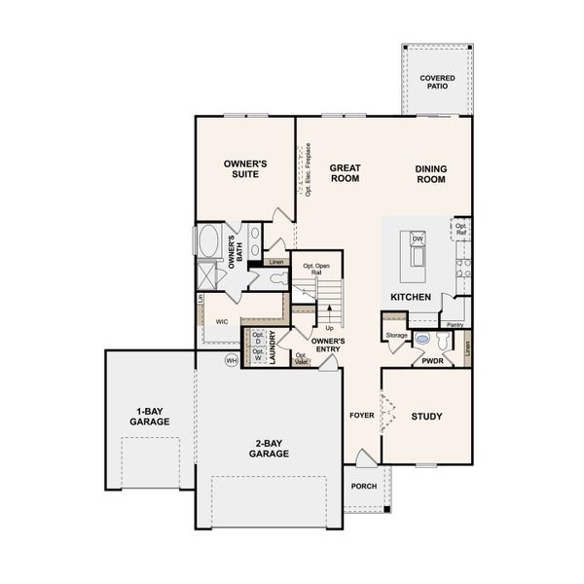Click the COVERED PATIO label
click(x=436, y=83)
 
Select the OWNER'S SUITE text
click(x=245, y=168)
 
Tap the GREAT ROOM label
click(x=345, y=172)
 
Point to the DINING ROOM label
click(x=430, y=173)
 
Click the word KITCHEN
click(x=411, y=296)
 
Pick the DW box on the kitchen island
click(x=418, y=238)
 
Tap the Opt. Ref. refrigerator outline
click(x=460, y=230)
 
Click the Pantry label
click(x=455, y=324)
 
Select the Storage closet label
click(x=396, y=335)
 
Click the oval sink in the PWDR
click(x=421, y=340)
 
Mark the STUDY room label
click(x=426, y=417)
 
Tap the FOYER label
click(x=362, y=416)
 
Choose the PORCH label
click(x=364, y=488)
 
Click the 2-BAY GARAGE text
click(x=269, y=448)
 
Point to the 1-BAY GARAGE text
click(x=150, y=416)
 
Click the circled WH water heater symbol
click(x=231, y=360)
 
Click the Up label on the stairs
click(x=330, y=327)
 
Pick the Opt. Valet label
click(x=302, y=358)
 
